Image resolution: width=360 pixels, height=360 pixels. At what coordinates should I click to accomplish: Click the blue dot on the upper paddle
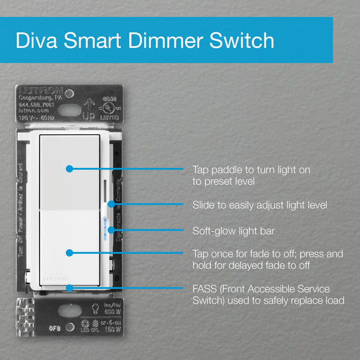(x=69, y=169)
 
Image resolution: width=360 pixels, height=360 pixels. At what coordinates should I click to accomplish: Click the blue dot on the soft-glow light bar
(x=106, y=230)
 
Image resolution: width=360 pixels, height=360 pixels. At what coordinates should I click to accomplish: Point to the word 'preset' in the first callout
(x=221, y=181)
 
